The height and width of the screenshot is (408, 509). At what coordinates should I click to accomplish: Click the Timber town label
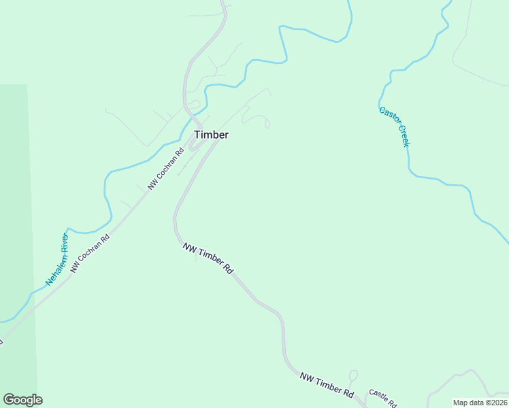click(x=211, y=135)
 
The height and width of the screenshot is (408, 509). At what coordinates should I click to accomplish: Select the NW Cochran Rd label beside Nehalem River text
click(x=90, y=255)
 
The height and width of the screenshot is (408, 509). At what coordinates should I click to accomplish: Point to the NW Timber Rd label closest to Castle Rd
click(x=327, y=385)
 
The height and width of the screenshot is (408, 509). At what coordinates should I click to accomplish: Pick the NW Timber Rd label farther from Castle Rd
click(x=208, y=258)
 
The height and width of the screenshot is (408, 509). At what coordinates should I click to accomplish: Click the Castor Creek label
click(x=394, y=126)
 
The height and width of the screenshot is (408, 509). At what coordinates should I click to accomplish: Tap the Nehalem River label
click(x=57, y=259)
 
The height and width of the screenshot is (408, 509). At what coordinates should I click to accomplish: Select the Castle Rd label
click(x=382, y=398)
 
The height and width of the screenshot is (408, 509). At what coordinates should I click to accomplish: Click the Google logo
click(x=22, y=400)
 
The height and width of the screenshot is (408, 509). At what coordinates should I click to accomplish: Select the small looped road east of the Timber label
click(x=259, y=118)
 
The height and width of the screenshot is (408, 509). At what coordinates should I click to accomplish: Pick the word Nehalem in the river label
click(x=53, y=270)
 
